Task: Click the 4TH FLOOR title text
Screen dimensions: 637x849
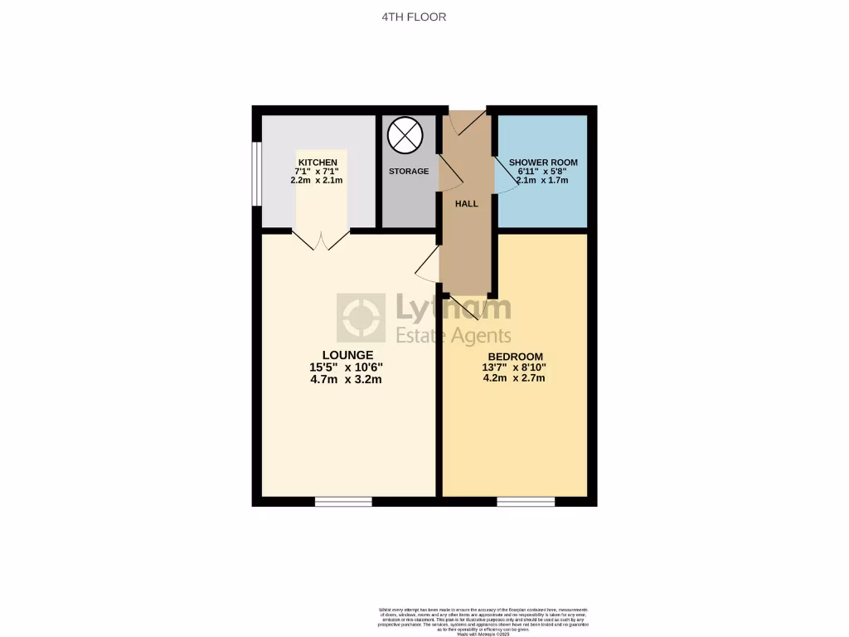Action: [424, 17]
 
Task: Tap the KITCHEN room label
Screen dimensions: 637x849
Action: [318, 162]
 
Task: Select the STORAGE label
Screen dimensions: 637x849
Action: [409, 172]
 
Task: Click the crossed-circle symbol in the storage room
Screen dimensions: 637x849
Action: [405, 135]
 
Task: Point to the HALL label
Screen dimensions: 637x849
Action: [467, 203]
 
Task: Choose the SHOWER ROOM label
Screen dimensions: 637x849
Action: [543, 162]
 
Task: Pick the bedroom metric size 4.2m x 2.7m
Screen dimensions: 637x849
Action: [515, 378]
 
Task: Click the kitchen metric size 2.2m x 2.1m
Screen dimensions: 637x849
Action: [317, 180]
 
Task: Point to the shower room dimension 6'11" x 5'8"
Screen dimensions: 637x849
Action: [543, 171]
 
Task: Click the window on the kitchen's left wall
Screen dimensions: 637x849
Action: [257, 173]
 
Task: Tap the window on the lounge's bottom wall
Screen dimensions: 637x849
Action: [343, 501]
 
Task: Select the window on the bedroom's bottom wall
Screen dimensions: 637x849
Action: [526, 501]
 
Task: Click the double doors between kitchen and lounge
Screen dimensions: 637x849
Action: [322, 240]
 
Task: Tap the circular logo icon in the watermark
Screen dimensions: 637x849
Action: [361, 318]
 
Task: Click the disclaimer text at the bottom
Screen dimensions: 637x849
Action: [483, 621]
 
